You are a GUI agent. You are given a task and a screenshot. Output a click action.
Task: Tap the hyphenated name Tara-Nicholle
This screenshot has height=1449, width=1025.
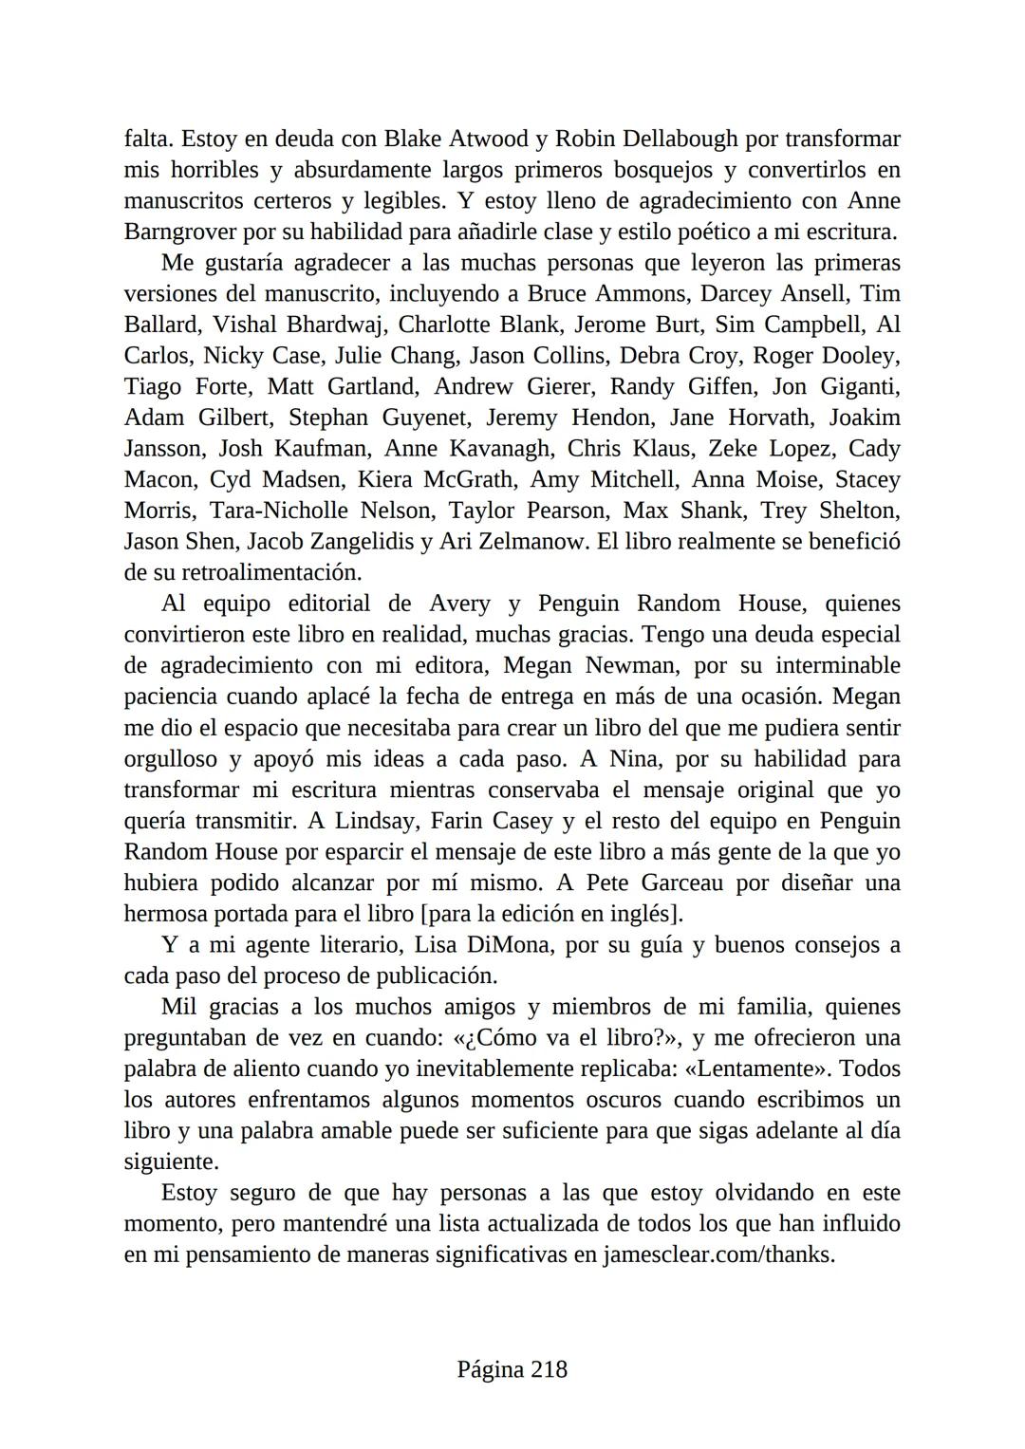tap(278, 511)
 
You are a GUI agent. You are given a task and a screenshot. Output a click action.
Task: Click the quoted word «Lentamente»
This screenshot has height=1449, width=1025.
tap(755, 1069)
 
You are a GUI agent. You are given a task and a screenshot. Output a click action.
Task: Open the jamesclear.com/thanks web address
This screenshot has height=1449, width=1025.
tap(718, 1255)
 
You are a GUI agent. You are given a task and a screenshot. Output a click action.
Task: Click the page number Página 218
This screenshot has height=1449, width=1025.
tap(512, 1370)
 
